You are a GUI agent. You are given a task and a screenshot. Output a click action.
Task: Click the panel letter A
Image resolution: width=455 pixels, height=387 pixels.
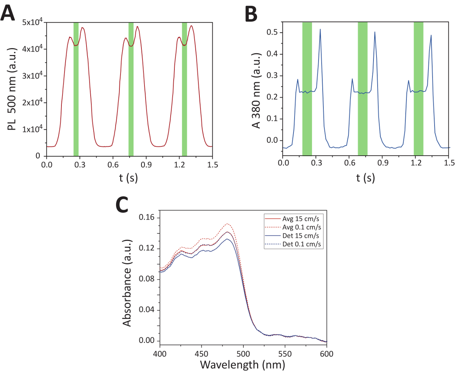point(8,14)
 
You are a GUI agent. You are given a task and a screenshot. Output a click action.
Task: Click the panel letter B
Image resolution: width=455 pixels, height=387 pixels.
point(251,14)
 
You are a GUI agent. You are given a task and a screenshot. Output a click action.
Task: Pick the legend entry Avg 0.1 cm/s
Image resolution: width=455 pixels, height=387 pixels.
point(302,227)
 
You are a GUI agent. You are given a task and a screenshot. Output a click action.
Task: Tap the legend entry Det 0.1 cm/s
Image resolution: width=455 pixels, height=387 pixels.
point(302,244)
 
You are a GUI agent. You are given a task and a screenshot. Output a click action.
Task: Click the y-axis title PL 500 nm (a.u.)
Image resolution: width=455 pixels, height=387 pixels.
point(12,89)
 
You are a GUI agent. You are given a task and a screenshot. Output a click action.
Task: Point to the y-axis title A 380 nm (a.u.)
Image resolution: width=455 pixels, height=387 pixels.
point(257,90)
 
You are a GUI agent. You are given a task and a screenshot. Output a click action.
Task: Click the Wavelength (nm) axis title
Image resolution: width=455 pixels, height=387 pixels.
point(243,365)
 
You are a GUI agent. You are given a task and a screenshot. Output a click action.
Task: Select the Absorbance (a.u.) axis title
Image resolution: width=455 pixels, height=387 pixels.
point(127,283)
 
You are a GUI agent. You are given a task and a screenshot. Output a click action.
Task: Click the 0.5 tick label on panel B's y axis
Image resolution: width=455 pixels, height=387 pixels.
point(272,33)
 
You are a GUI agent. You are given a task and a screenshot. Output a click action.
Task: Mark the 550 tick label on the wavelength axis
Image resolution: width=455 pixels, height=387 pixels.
point(285,354)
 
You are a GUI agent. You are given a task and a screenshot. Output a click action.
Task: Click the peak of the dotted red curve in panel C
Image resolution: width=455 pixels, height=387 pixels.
point(227,224)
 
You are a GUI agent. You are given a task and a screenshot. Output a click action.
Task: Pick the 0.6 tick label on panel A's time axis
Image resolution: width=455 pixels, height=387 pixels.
point(113,165)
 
